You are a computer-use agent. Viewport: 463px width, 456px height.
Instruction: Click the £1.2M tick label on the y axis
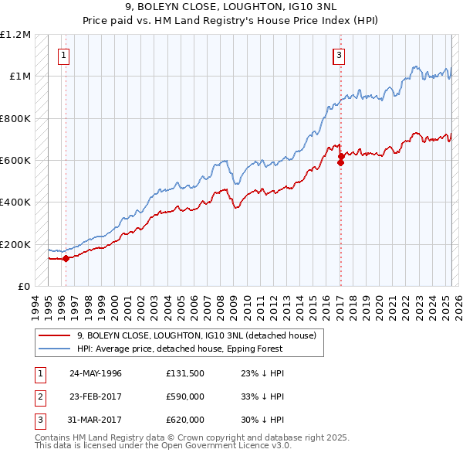tap(15, 35)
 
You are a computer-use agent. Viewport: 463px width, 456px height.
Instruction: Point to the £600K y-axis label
tap(15, 161)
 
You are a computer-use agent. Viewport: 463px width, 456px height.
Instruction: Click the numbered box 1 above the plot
tap(63, 55)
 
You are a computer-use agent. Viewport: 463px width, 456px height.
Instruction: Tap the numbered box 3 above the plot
tap(339, 55)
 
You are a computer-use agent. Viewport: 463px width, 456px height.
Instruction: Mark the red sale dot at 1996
tap(66, 259)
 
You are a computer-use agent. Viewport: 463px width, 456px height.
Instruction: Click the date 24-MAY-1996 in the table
tap(96, 373)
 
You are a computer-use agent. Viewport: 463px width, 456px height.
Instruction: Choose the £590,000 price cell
tap(185, 396)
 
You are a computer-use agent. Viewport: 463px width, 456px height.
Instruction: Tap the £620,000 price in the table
tap(185, 420)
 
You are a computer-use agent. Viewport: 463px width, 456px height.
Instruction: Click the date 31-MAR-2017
tap(96, 420)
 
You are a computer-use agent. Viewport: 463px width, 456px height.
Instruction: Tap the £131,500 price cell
tap(185, 373)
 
